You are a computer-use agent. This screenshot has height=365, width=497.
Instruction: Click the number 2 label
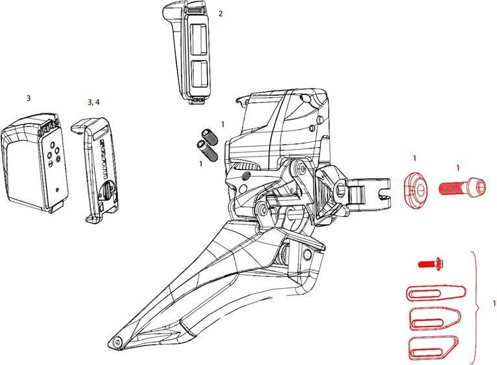[x=221, y=13]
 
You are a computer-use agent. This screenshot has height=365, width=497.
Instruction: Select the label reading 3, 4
[x=94, y=102]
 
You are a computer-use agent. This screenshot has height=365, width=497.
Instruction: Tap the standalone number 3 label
[x=28, y=98]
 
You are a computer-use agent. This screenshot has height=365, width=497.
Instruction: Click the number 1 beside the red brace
[x=494, y=304]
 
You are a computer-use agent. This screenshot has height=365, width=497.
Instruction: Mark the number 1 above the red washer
[x=415, y=158]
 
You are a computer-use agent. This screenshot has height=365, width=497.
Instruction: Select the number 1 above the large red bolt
[x=458, y=168]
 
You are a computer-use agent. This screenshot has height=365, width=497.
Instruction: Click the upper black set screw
[x=211, y=136]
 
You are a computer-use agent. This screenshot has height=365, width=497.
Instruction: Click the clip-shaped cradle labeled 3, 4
[x=94, y=166]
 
